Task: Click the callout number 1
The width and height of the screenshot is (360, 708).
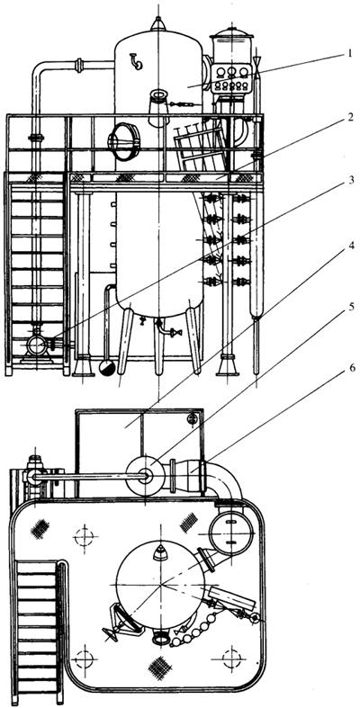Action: coord(349,55)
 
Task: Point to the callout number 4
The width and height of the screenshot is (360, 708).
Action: coord(349,246)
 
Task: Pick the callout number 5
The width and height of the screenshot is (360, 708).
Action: coord(349,308)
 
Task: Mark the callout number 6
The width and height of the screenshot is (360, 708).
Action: coord(349,368)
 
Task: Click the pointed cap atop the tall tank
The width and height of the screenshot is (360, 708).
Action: coord(158,24)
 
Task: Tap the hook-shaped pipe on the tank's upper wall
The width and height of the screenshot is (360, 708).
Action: coord(136,61)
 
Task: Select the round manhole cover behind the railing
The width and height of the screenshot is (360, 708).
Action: coord(122,142)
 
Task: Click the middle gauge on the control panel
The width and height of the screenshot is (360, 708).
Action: coord(232,72)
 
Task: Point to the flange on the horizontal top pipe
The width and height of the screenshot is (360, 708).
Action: coord(80,66)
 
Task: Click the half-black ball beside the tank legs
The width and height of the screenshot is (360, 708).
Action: coord(107,368)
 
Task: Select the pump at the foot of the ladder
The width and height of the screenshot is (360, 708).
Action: coord(35,346)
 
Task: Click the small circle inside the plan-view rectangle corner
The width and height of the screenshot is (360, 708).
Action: coord(193,418)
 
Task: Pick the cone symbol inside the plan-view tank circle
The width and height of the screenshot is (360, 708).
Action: coord(159,552)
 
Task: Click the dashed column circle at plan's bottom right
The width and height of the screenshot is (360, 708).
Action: coord(231,659)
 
